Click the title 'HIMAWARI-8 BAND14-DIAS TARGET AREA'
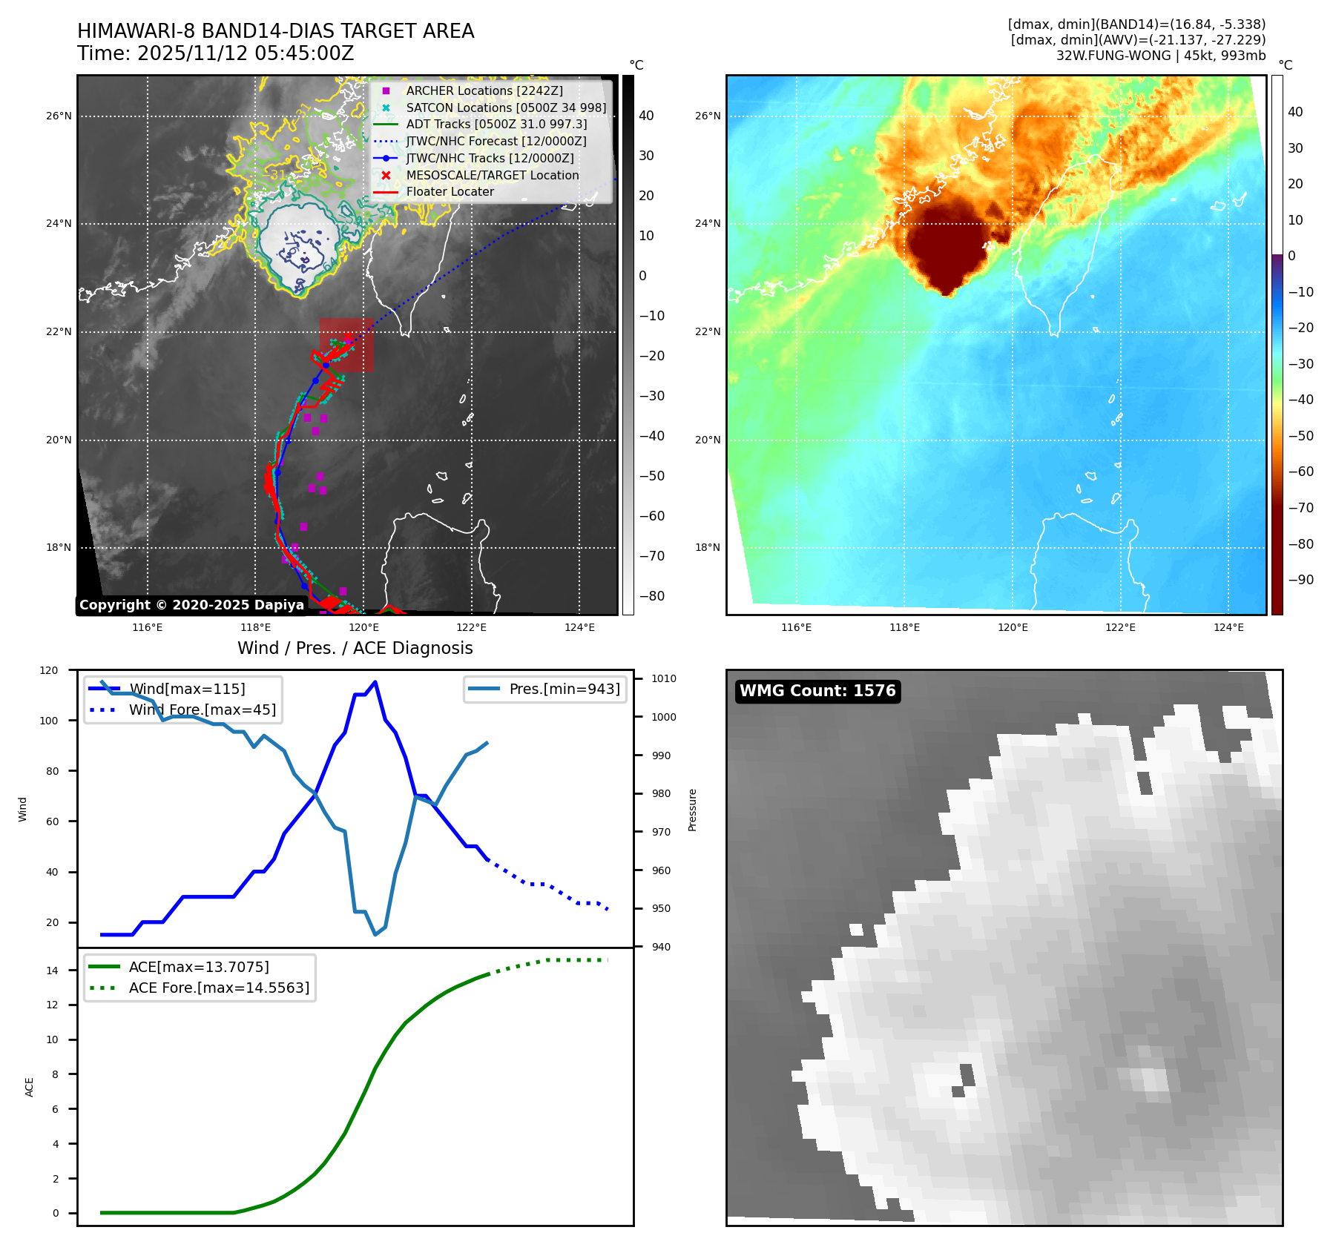pos(275,31)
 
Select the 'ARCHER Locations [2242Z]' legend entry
pos(484,90)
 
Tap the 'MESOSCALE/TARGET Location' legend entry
pos(492,175)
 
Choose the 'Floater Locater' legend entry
pos(450,191)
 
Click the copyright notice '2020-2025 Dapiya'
pos(191,605)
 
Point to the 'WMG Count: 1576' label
pos(817,691)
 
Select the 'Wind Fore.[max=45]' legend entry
pos(202,710)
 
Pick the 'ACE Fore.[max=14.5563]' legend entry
pos(219,988)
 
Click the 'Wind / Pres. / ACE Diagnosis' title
pos(355,648)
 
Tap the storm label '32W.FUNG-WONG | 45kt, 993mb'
pos(1160,56)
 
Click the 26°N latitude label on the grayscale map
pos(59,116)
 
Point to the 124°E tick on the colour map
pos(1228,627)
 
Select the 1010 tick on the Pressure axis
pos(664,678)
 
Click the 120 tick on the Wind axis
pos(49,670)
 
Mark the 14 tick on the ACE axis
pos(52,971)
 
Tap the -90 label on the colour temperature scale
pos(1300,580)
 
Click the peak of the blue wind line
pos(375,681)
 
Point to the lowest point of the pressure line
pos(375,934)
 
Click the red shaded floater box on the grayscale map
pos(347,346)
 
